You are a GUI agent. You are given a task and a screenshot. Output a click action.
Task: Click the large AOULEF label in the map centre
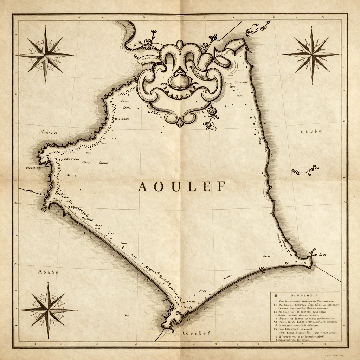click(181, 187)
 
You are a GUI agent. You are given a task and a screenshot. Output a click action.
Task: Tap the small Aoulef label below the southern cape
click(194, 333)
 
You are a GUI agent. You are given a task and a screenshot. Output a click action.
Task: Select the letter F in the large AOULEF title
click(220, 187)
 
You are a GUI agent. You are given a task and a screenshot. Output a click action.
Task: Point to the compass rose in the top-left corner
click(45, 55)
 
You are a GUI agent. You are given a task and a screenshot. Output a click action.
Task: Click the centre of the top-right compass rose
click(311, 55)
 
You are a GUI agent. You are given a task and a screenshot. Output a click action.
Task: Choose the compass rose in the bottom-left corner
click(48, 310)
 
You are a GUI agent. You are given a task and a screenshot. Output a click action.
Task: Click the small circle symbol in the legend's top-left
click(276, 296)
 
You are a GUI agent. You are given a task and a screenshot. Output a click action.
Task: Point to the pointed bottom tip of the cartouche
click(180, 124)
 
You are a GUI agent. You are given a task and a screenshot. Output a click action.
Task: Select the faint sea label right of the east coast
click(311, 132)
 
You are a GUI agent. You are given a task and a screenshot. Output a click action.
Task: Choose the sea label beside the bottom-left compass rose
click(47, 272)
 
